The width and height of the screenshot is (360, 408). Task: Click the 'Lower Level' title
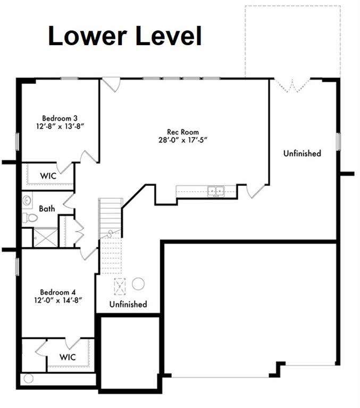coord(125,36)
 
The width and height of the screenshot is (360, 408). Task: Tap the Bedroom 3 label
coord(60,118)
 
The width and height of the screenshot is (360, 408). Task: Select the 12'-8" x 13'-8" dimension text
coord(61,126)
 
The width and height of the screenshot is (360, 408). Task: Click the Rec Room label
coord(183,132)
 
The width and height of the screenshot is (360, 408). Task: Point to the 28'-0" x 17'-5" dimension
coord(183,140)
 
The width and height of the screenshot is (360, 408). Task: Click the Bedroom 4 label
coord(58,292)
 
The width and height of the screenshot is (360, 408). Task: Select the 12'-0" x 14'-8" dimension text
coord(58,300)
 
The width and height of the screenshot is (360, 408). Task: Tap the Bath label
coord(47,209)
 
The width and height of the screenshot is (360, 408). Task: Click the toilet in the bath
coord(29,217)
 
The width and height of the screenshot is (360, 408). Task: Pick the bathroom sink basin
coord(27,201)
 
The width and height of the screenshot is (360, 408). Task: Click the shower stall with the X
coord(46,237)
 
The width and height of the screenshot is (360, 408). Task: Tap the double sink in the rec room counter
coord(216,191)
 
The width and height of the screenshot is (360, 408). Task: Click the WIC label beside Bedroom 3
coord(48,176)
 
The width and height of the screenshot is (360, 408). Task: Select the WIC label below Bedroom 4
coord(68,357)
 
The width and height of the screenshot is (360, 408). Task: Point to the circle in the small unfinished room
coord(138,284)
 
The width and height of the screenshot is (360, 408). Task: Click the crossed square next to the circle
coord(120,286)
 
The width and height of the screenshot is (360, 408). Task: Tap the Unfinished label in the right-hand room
coord(302,153)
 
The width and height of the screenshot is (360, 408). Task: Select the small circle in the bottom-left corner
coord(28,378)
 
